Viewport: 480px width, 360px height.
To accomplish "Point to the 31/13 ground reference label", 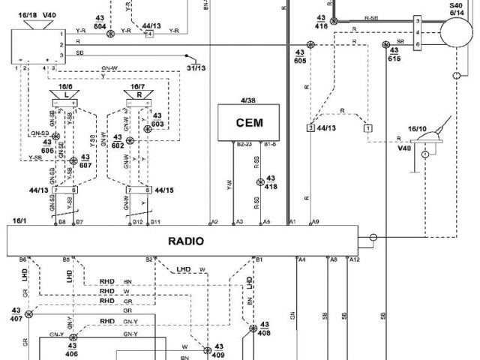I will [x=196, y=68].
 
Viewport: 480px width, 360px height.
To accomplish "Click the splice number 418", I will [x=271, y=187].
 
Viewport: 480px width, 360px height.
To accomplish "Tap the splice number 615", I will [x=394, y=58].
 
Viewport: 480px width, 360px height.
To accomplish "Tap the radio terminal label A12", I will [x=356, y=259].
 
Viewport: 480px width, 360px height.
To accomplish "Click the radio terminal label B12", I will [x=136, y=222].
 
